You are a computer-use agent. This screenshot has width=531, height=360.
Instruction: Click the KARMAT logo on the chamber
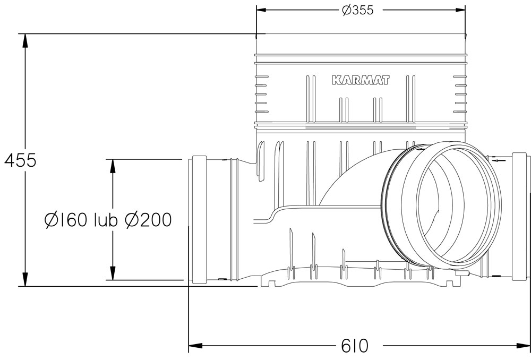pyautogui.click(x=361, y=80)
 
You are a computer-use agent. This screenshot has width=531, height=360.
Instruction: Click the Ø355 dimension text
pyautogui.click(x=357, y=10)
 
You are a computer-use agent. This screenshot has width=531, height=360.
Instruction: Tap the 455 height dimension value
pyautogui.click(x=20, y=160)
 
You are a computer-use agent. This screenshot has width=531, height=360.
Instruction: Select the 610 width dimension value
pyautogui.click(x=355, y=346)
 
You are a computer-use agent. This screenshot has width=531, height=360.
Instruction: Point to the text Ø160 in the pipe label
pyautogui.click(x=66, y=220)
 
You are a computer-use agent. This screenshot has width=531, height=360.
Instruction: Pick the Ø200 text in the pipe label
pyautogui.click(x=148, y=220)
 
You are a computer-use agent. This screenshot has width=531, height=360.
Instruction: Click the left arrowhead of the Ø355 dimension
pyautogui.click(x=261, y=10)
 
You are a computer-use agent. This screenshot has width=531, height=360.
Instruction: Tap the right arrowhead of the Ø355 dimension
pyautogui.click(x=460, y=10)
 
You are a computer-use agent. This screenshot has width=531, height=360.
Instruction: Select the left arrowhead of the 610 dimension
pyautogui.click(x=195, y=346)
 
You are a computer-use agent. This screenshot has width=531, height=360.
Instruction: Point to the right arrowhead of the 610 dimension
pyautogui.click(x=523, y=346)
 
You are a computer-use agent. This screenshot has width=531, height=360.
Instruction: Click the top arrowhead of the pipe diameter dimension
pyautogui.click(x=113, y=166)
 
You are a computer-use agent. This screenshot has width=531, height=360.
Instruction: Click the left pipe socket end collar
pyautogui.click(x=199, y=219)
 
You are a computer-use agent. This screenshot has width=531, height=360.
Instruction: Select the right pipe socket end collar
pyautogui.click(x=520, y=217)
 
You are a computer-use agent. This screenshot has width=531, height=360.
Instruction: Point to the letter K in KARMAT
pyautogui.click(x=336, y=80)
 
